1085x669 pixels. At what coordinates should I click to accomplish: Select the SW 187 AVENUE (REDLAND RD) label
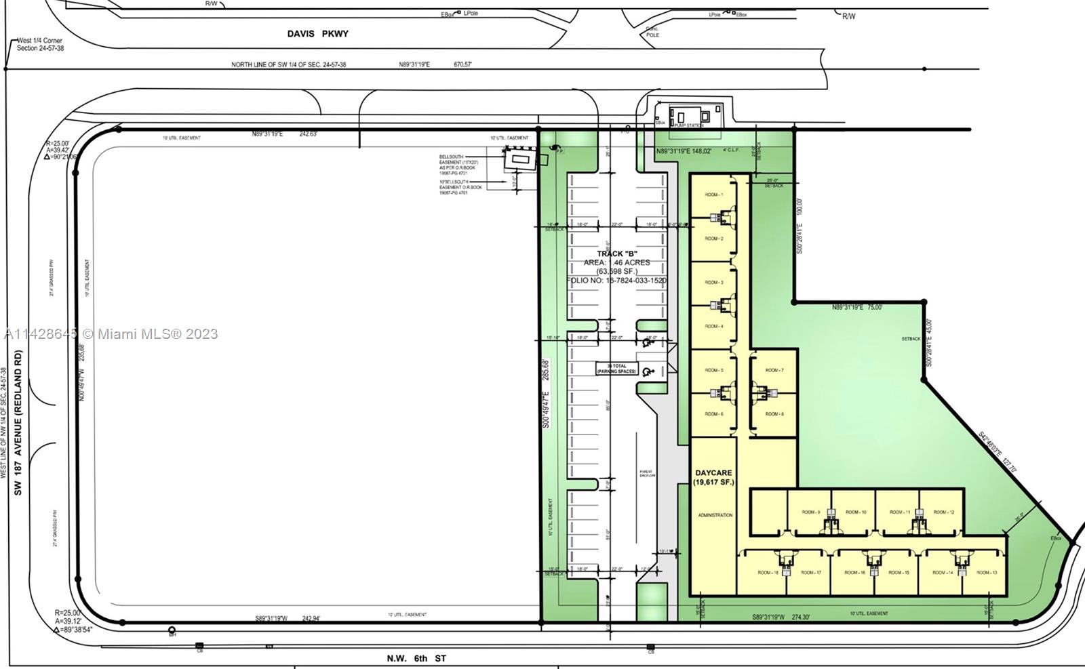(18, 423)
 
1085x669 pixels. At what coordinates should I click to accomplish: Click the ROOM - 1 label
(713, 195)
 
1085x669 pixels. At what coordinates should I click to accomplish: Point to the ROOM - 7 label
(774, 371)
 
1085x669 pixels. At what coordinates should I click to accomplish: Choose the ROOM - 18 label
(768, 573)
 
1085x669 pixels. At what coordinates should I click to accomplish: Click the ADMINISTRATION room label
(715, 515)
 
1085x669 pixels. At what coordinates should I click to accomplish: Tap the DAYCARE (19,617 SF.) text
(713, 477)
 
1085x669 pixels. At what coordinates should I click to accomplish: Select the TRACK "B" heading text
(617, 254)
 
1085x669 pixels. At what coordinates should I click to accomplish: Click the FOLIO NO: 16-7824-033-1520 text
(616, 280)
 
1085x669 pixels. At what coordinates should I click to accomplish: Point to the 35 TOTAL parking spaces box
(616, 369)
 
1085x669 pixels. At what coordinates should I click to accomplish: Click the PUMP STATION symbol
(686, 117)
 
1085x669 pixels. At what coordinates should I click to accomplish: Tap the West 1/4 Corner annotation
(40, 45)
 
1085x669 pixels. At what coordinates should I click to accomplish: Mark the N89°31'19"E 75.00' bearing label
(857, 308)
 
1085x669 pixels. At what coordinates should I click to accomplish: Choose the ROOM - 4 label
(713, 327)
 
